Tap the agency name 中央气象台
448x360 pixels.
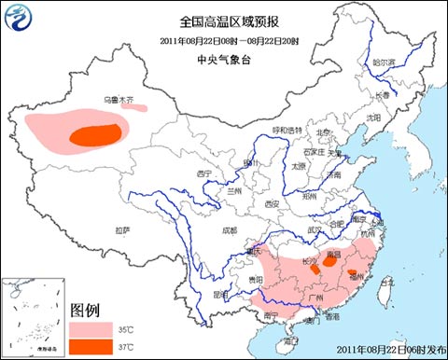click(223, 59)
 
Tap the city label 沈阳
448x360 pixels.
click(373, 118)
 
